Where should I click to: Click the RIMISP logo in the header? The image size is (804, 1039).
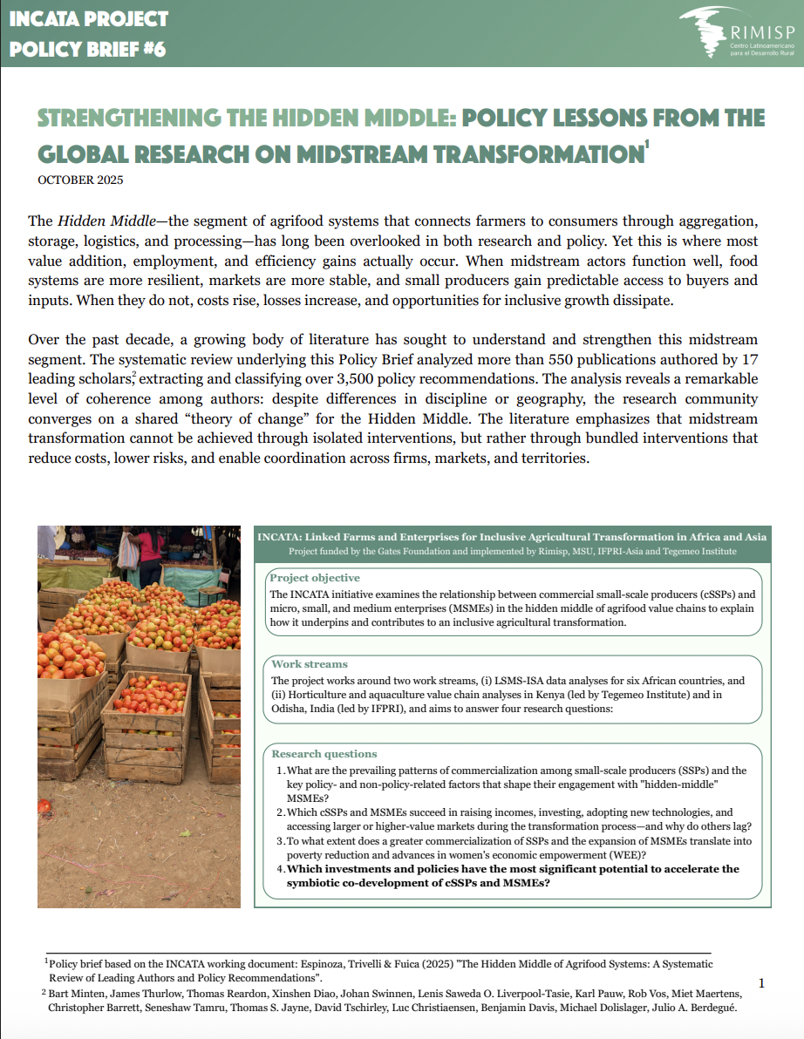click(x=737, y=34)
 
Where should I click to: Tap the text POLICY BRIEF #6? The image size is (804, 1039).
click(x=87, y=49)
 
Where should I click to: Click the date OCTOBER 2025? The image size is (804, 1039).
click(x=80, y=180)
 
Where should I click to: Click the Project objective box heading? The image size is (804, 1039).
click(x=315, y=578)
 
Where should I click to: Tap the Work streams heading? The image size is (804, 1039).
click(x=310, y=664)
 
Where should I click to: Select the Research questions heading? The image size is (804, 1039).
click(x=324, y=754)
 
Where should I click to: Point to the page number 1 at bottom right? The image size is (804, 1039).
click(x=761, y=983)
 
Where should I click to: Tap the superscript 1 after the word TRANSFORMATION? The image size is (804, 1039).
click(x=645, y=146)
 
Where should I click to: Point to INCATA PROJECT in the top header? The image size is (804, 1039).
click(x=89, y=19)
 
